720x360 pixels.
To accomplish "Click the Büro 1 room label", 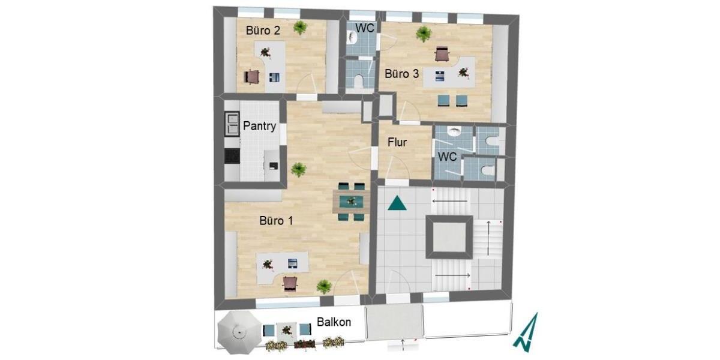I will (x=276, y=221).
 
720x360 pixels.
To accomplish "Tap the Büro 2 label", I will (x=263, y=31).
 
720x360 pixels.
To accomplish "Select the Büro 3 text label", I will (x=401, y=74).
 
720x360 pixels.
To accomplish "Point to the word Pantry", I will (x=260, y=127).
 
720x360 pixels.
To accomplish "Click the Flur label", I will (x=397, y=143).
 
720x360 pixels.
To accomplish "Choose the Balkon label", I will (x=334, y=322).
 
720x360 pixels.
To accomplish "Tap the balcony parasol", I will (x=239, y=332).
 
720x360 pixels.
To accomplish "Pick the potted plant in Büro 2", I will (x=300, y=26).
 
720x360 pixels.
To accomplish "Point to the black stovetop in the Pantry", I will (x=232, y=155).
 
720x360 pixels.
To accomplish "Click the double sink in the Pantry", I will (x=232, y=123).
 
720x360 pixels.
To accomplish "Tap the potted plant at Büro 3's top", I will (x=424, y=34).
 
